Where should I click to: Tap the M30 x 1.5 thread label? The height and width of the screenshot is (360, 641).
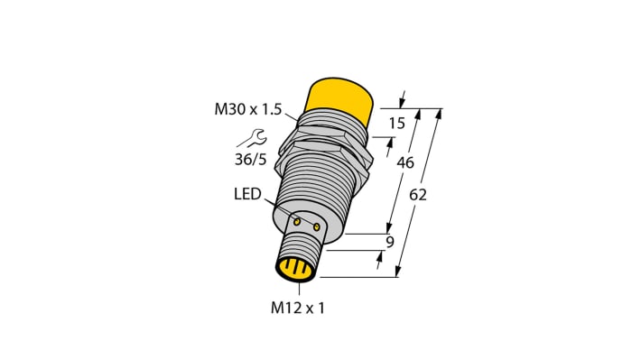tap(248, 110)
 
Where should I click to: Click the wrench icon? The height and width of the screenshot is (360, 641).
tap(252, 138)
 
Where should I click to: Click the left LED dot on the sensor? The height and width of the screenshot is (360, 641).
tap(297, 220)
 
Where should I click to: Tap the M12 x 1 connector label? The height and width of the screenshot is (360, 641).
tap(297, 308)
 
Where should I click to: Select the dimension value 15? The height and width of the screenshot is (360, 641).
tap(396, 123)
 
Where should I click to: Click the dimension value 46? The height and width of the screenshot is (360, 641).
tap(404, 162)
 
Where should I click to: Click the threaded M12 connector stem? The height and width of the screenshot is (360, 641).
tap(302, 247)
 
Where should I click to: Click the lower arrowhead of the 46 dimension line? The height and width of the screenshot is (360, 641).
tap(391, 229)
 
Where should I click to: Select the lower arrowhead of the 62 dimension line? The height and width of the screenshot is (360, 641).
tap(397, 273)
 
